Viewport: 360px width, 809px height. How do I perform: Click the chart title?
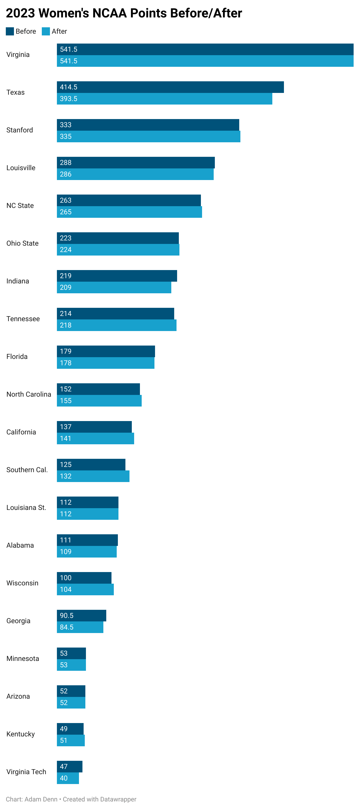click(x=124, y=13)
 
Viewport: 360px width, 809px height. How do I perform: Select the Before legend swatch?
click(x=10, y=31)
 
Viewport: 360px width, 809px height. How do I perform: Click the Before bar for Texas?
click(x=170, y=87)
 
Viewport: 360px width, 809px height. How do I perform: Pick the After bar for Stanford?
click(x=148, y=136)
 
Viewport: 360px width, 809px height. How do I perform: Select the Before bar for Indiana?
click(x=117, y=276)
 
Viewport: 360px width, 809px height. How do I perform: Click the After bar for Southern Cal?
click(x=93, y=476)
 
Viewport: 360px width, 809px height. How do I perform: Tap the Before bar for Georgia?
click(x=81, y=616)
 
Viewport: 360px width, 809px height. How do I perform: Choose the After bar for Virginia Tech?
click(x=68, y=778)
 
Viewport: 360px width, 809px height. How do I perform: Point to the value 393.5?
click(x=69, y=99)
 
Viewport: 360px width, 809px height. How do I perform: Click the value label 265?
click(x=66, y=212)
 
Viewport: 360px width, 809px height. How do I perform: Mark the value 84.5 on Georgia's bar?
click(x=66, y=627)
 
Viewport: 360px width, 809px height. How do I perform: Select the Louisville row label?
click(x=21, y=168)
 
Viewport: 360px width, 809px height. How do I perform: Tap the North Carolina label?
click(x=28, y=394)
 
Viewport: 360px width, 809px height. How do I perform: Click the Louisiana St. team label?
click(x=26, y=508)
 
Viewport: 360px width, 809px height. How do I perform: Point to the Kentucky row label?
click(x=20, y=734)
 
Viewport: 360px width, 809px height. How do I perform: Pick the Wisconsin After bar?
click(x=85, y=589)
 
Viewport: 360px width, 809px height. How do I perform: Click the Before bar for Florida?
click(x=106, y=351)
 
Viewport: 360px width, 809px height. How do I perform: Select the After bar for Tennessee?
click(x=116, y=325)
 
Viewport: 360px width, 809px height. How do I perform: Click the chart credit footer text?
click(x=71, y=799)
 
